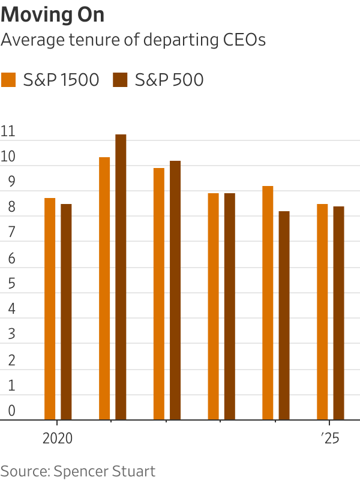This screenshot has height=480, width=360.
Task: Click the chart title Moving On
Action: (53, 15)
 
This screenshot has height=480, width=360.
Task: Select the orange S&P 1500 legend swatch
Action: (9, 80)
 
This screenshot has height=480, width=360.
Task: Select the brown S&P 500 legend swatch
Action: (121, 80)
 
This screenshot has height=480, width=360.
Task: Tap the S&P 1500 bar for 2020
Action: (50, 309)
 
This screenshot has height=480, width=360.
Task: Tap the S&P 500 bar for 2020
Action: (66, 312)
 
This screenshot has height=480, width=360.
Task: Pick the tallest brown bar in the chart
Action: (121, 277)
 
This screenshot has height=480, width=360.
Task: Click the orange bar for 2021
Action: (104, 289)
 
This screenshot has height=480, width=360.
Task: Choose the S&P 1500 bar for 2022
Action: (159, 294)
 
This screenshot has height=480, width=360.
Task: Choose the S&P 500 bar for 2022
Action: (175, 290)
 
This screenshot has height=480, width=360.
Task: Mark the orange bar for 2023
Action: (214, 307)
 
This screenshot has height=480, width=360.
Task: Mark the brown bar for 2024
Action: (284, 316)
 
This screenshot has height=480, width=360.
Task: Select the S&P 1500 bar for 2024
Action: (268, 303)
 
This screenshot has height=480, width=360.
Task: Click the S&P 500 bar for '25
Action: (339, 313)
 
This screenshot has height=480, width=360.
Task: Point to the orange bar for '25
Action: (322, 312)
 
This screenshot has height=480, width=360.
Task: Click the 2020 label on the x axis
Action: (58, 438)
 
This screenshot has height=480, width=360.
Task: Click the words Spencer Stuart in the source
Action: (104, 471)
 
